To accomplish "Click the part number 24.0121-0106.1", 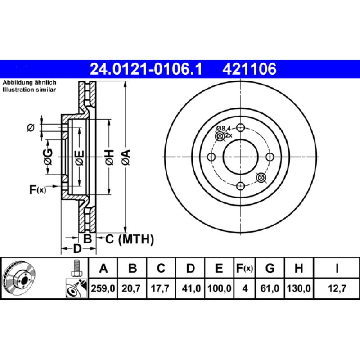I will point(147,69).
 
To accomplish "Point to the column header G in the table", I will point(270,269).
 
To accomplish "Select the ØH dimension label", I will point(109,156).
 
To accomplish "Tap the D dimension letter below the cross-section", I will point(77,248).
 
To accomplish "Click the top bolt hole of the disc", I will point(240,127).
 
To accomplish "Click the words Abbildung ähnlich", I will point(29,83).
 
